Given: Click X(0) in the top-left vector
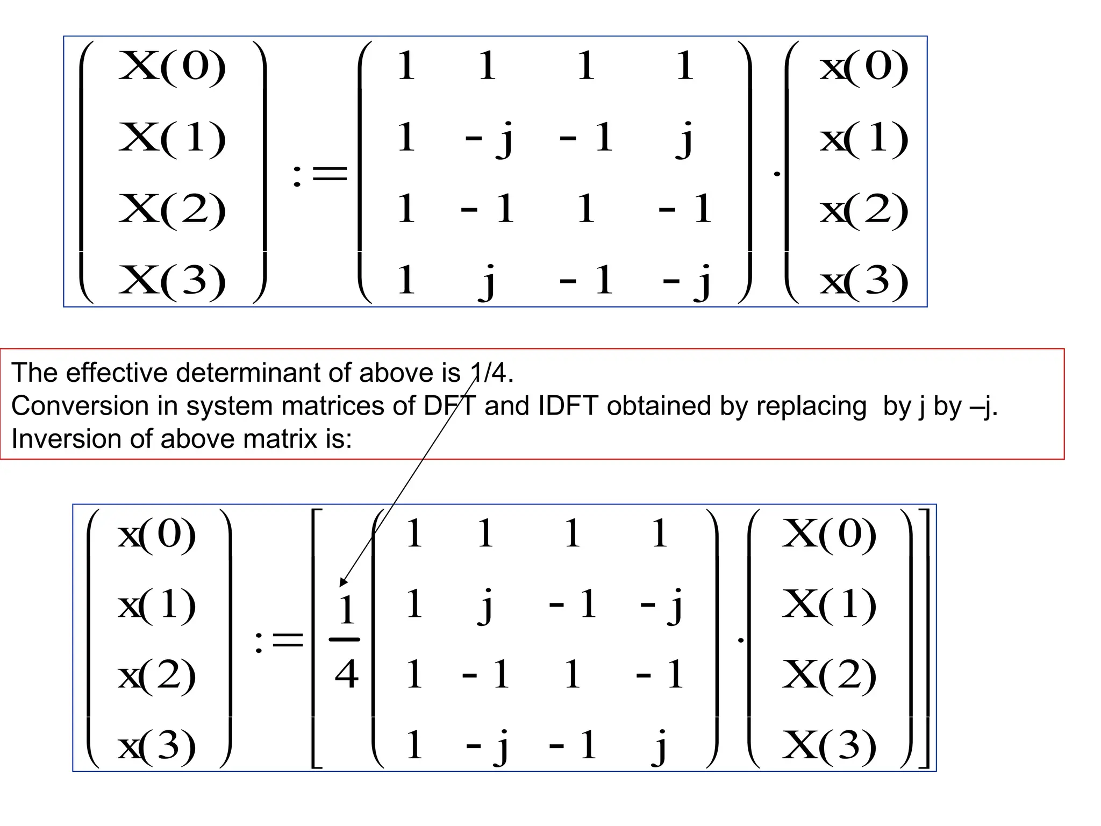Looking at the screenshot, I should click(172, 67).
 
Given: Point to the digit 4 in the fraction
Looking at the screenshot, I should click(346, 674).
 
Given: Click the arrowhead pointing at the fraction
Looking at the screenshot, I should click(343, 581).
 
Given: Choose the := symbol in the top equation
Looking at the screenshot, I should click(320, 174).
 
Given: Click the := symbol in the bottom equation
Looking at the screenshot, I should click(279, 641).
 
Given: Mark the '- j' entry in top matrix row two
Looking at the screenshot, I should click(488, 138).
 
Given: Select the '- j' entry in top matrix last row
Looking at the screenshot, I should click(687, 280).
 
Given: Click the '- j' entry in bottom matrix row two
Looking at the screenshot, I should click(661, 604).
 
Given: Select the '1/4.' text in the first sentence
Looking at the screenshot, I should click(491, 373).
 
